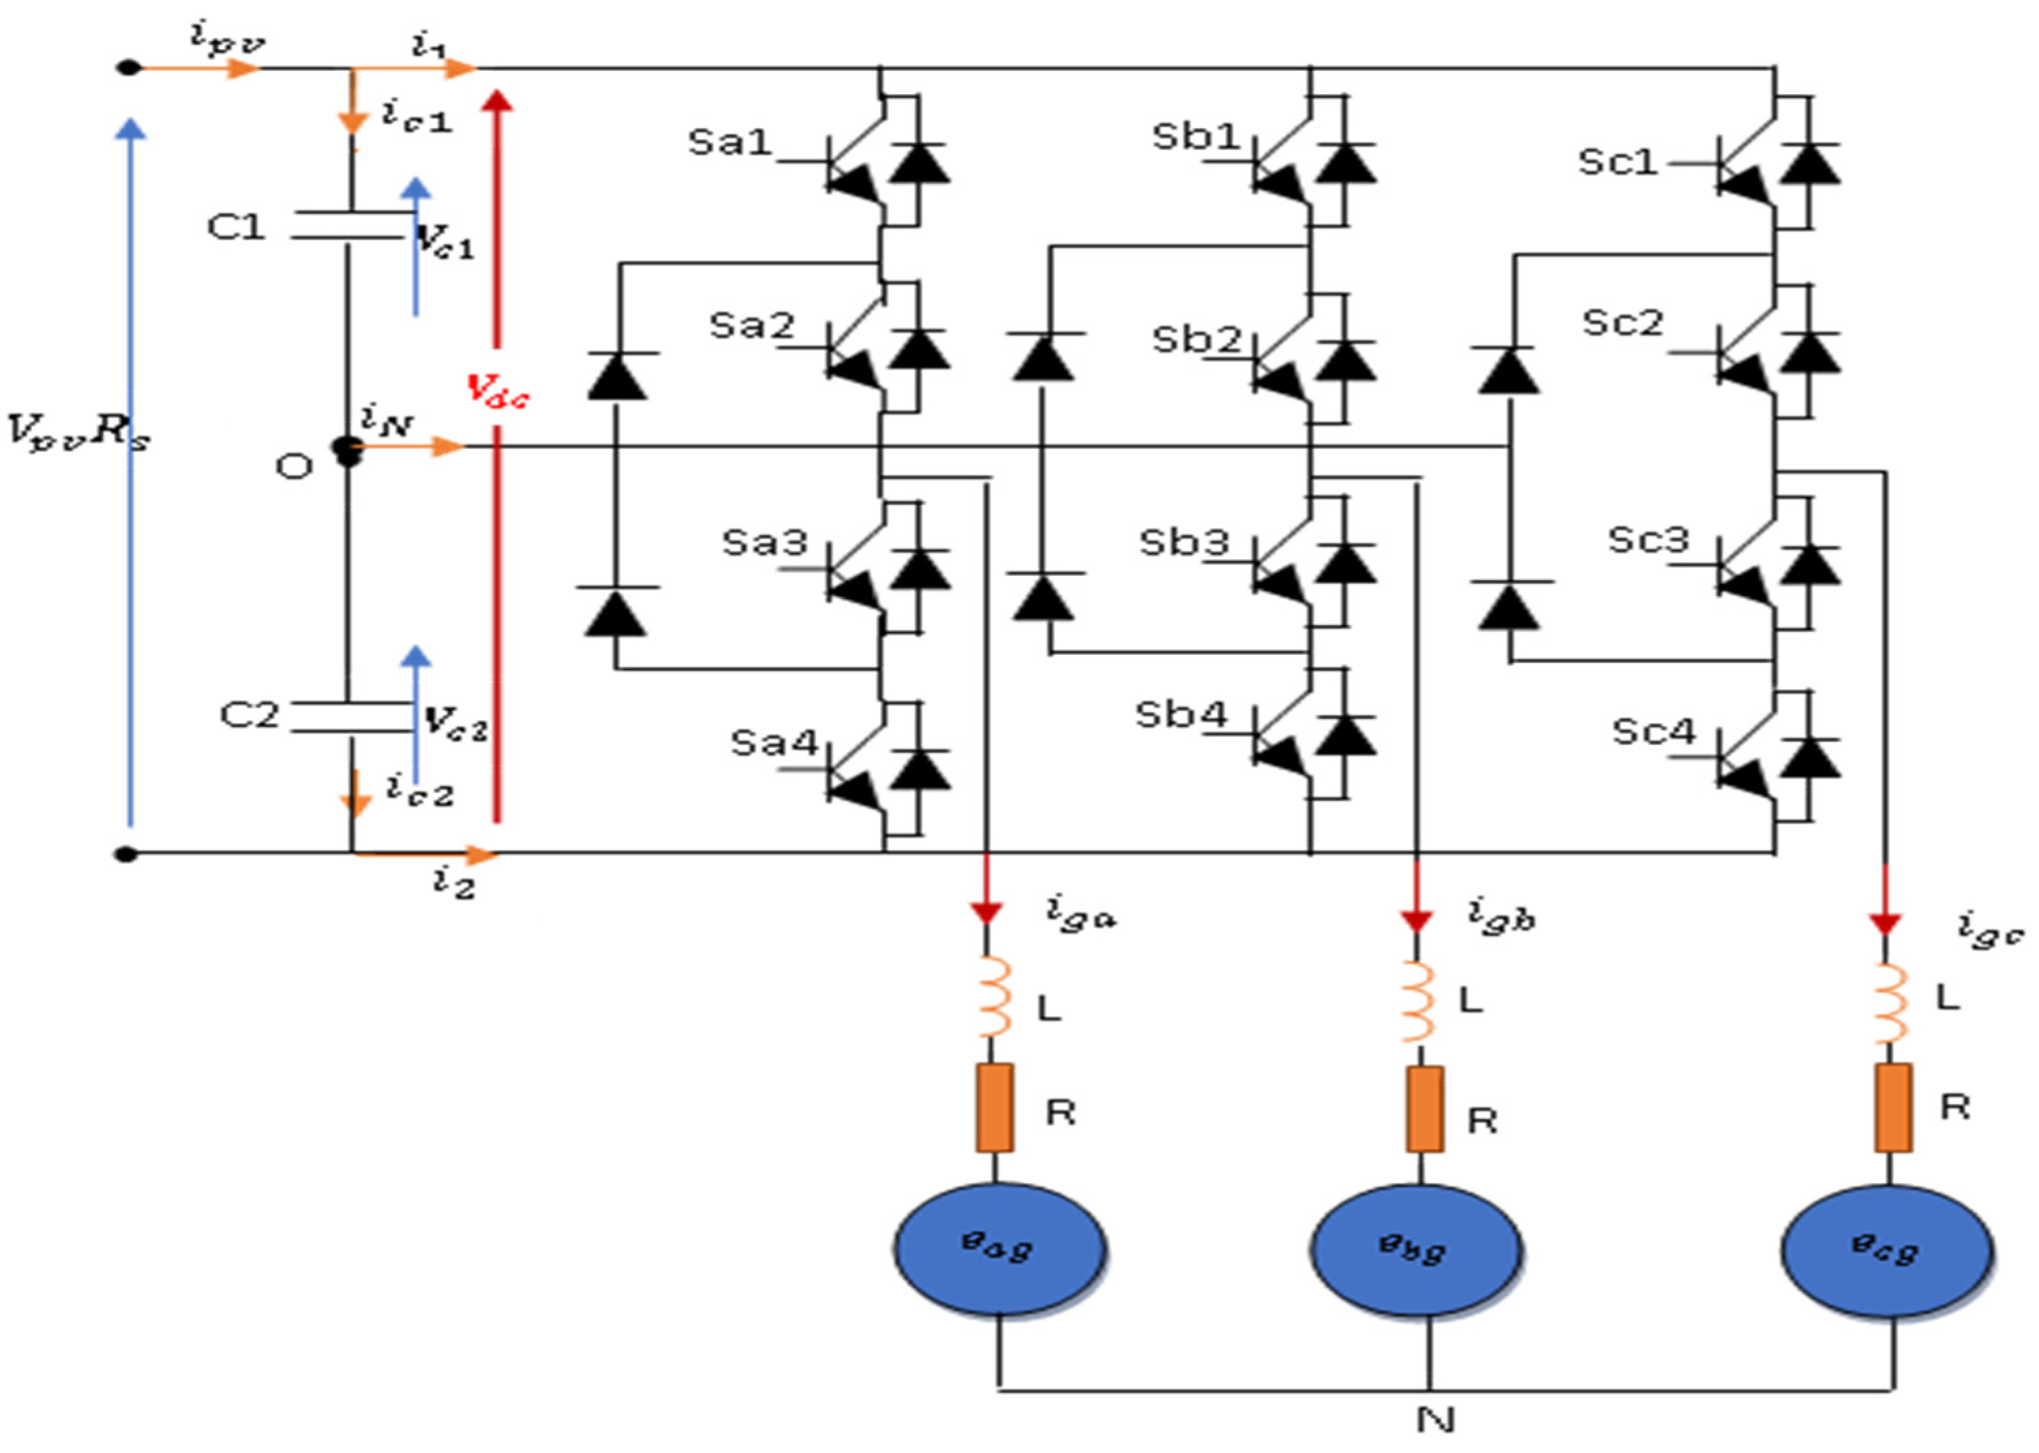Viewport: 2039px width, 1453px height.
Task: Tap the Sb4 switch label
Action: [x=1180, y=715]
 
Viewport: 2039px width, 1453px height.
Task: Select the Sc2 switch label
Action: [x=1622, y=322]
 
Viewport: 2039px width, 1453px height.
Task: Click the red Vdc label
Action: [x=498, y=391]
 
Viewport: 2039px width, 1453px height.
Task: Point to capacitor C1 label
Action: [x=236, y=227]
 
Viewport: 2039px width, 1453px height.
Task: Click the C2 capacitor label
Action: [x=250, y=715]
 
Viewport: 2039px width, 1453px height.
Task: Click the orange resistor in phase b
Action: [x=1424, y=1110]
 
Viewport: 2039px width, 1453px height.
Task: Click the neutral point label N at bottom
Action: [x=1435, y=1419]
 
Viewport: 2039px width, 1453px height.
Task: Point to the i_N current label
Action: [x=387, y=418]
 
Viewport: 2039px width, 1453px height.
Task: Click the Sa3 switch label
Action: [x=764, y=542]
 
